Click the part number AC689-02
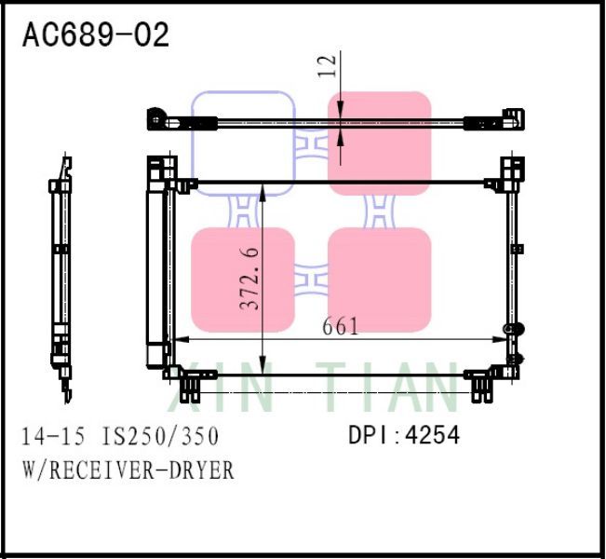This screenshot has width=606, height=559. [x=96, y=34]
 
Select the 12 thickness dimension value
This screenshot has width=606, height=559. [x=326, y=65]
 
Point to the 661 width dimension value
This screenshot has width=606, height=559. [x=341, y=327]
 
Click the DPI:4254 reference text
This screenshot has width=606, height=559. [x=404, y=435]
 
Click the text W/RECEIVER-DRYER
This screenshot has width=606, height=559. [x=128, y=470]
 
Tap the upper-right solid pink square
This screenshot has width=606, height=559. [x=380, y=143]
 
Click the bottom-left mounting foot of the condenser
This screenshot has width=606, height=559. [x=191, y=382]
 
